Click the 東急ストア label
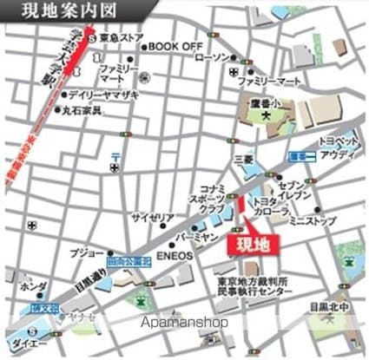coord(121,39)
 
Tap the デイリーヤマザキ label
coord(98,95)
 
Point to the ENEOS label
coord(177,258)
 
